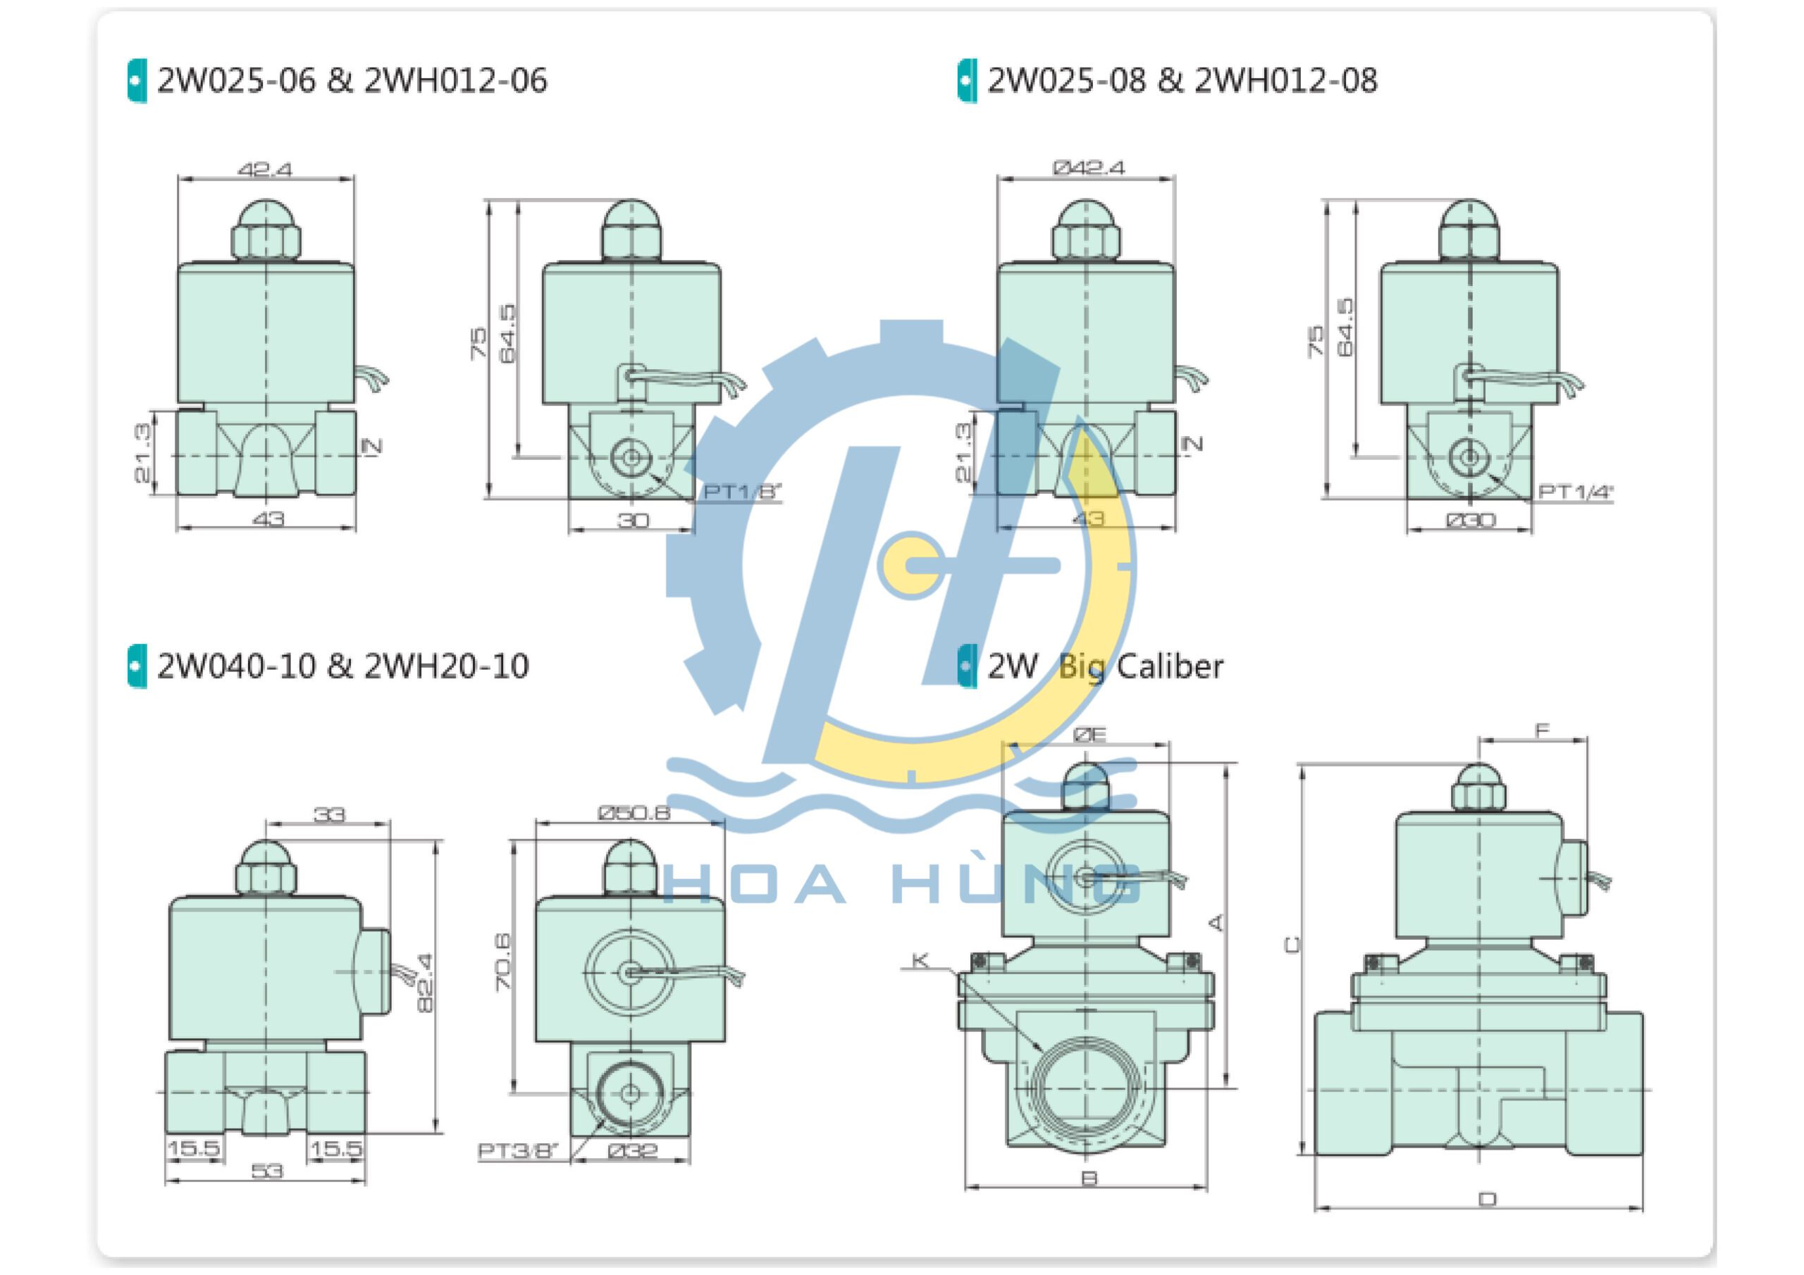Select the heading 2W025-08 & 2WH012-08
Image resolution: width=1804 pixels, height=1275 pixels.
click(x=1181, y=80)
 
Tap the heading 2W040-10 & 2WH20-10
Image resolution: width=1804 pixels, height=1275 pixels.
click(x=342, y=666)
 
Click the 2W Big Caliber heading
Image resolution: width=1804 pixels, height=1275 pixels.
click(x=1104, y=666)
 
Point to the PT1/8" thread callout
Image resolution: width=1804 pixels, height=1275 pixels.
click(x=741, y=492)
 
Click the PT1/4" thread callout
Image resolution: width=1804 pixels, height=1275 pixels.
click(x=1574, y=492)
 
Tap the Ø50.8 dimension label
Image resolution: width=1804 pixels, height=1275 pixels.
click(x=634, y=812)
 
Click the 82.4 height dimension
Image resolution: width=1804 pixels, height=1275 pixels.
click(x=425, y=983)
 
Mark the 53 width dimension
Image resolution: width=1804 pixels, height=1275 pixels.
click(x=266, y=1171)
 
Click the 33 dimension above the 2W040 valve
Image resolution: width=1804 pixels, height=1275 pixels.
click(x=329, y=814)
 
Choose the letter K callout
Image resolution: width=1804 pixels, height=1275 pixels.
click(x=920, y=960)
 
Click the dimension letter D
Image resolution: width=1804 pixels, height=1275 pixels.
click(x=1488, y=1200)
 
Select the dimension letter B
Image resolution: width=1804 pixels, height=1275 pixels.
click(x=1089, y=1178)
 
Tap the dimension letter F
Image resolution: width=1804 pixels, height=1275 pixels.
click(x=1543, y=730)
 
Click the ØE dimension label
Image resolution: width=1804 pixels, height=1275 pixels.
click(x=1089, y=734)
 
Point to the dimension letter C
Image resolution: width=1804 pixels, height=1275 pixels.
click(x=1292, y=944)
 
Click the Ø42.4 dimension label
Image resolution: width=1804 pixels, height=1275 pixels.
click(x=1088, y=168)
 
